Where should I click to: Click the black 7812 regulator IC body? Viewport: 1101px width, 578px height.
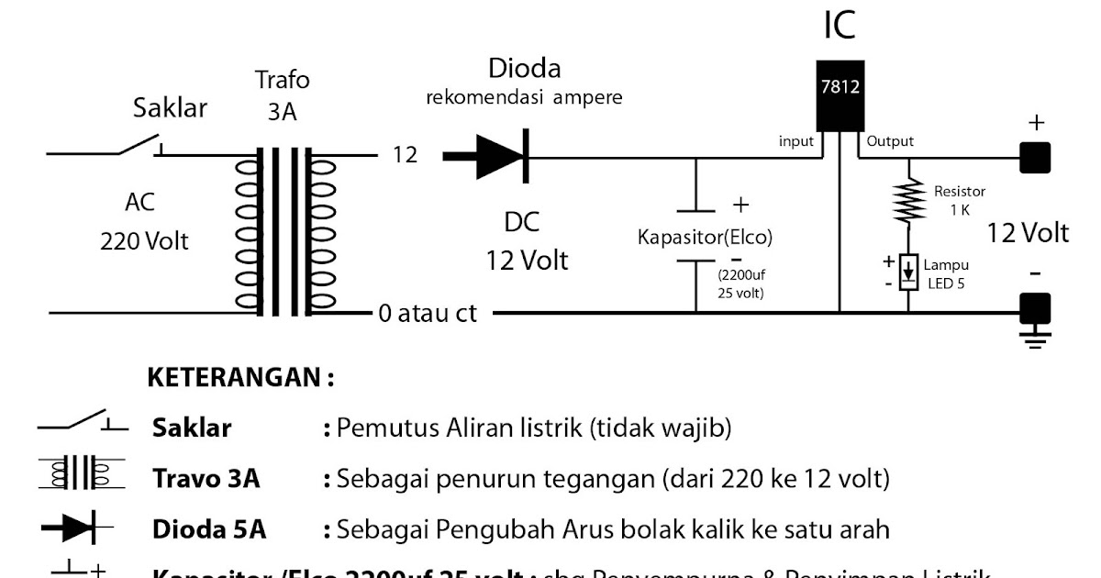click(x=840, y=95)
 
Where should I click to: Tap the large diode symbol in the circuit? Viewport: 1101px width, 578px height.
click(x=501, y=158)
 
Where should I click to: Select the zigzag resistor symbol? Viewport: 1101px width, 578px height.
click(x=909, y=199)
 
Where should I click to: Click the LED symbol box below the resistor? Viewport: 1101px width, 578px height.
click(x=909, y=272)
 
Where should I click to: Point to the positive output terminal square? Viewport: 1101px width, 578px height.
click(x=1036, y=158)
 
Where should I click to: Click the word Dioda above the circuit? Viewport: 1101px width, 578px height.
click(x=524, y=69)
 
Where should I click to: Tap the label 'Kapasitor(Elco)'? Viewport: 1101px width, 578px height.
click(x=706, y=238)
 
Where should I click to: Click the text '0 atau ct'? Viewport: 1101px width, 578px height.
click(x=428, y=314)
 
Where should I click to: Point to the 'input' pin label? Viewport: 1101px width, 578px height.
click(x=796, y=141)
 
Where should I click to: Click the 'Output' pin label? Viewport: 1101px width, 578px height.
click(x=889, y=141)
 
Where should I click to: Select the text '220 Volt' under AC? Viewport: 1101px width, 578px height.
click(x=144, y=241)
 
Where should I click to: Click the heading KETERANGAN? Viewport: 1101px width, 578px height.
click(x=240, y=377)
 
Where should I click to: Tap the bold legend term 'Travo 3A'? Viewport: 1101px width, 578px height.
click(x=206, y=478)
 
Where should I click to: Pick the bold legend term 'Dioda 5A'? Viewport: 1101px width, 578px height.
click(x=208, y=529)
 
